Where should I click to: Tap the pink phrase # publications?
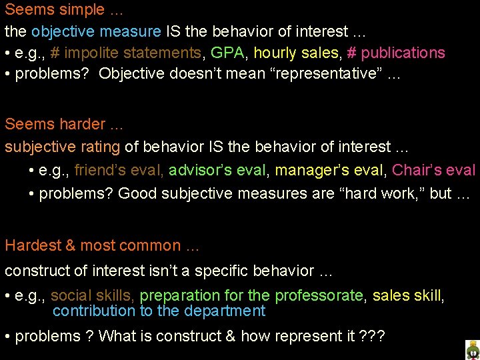396,53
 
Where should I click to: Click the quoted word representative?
325,74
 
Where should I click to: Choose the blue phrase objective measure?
96,31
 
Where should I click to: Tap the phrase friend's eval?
119,171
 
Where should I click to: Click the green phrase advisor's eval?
217,171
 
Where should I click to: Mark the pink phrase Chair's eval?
433,171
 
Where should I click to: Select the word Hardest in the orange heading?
32,246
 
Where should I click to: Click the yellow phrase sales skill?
407,295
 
